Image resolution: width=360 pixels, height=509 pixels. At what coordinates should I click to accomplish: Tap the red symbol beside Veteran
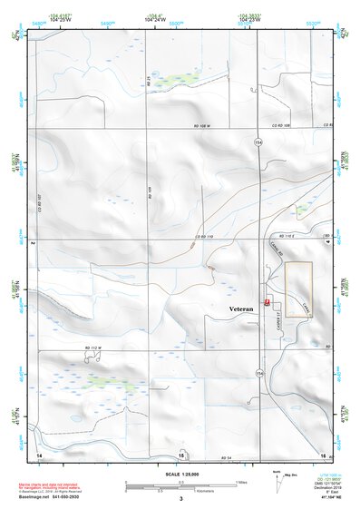[266, 300]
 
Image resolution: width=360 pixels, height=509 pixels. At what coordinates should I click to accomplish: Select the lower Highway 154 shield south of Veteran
[260, 373]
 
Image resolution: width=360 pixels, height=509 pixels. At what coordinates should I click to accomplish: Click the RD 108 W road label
[207, 125]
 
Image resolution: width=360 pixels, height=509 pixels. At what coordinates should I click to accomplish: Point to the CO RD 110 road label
[205, 237]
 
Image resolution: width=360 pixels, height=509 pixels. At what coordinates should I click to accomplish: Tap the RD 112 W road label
[94, 347]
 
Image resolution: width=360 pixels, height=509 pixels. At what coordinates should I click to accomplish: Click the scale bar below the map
[180, 487]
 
